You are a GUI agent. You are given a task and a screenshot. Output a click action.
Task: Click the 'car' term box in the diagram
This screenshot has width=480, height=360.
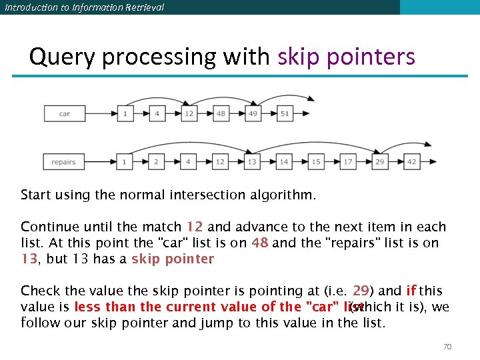[65, 113]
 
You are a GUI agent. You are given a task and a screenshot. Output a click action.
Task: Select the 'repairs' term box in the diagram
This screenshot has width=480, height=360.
[65, 161]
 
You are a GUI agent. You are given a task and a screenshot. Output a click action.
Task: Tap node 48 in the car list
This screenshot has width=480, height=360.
[221, 113]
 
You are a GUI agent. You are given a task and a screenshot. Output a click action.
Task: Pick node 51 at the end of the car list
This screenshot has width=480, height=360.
[285, 113]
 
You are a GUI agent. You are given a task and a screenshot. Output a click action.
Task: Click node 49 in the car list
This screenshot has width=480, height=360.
[253, 113]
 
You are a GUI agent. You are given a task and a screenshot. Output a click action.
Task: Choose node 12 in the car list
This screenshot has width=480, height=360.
[189, 113]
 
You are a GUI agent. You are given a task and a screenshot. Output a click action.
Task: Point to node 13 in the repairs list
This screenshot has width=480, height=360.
[252, 161]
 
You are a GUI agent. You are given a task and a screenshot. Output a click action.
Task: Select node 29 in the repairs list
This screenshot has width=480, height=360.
[380, 161]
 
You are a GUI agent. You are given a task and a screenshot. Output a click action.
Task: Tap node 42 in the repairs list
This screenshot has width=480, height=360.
[411, 161]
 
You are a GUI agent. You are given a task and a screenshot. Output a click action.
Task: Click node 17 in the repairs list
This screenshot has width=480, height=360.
[348, 161]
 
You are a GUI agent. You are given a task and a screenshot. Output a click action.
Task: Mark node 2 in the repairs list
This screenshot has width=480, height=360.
[156, 161]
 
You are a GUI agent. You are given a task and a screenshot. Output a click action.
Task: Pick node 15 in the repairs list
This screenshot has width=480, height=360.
[316, 161]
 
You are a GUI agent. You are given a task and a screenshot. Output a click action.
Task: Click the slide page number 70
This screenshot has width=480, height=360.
[447, 347]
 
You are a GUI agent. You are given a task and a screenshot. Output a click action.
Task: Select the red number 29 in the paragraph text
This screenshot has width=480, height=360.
[361, 291]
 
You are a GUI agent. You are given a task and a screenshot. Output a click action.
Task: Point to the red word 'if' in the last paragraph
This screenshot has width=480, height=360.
[411, 291]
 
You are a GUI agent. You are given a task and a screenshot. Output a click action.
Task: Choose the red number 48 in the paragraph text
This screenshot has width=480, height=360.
[260, 243]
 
